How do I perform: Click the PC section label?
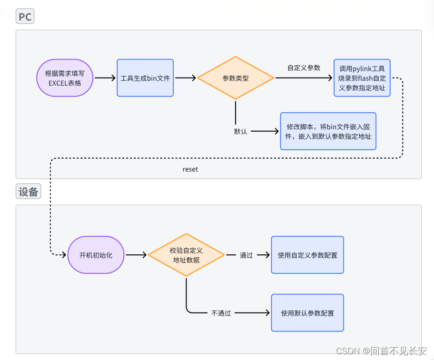click(x=25, y=17)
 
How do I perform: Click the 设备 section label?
click(x=28, y=192)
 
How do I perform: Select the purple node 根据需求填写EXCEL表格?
click(x=65, y=78)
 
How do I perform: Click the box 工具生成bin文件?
click(x=145, y=78)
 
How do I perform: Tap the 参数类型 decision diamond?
click(x=236, y=78)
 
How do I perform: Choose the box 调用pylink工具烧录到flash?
click(x=362, y=78)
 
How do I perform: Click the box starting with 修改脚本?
click(x=328, y=131)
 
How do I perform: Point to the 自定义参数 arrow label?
click(x=304, y=68)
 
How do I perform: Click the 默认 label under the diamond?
click(x=240, y=131)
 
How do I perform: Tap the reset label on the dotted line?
click(x=190, y=169)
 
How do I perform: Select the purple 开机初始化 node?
click(x=96, y=255)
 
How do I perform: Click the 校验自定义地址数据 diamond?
click(x=186, y=255)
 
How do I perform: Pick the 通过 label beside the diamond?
click(x=246, y=255)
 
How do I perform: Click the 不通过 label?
click(x=221, y=313)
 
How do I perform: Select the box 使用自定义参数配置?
click(x=307, y=255)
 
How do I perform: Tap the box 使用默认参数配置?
click(x=307, y=313)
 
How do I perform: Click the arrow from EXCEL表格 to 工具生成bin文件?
click(x=105, y=78)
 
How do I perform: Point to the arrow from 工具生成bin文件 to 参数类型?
click(x=185, y=78)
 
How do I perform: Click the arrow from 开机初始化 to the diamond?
click(x=136, y=255)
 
